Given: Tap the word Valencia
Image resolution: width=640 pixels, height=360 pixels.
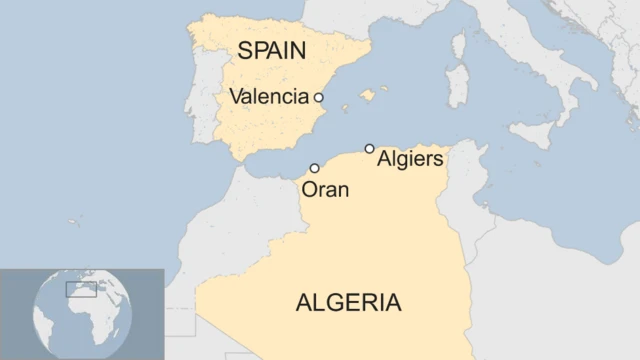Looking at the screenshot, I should pos(268,97).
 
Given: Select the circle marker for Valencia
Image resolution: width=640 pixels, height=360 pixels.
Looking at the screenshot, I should pos(319,97).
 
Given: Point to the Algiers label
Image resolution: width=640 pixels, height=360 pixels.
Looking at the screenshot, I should pos(410,159).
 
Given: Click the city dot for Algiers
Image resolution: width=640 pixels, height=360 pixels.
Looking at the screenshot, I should pos(370,148).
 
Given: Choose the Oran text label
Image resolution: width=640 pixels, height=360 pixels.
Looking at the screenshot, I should pos(325,189).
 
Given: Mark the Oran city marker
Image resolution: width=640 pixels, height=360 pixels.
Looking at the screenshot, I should pos(315,168).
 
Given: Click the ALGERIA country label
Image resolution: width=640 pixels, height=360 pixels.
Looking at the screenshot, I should pos(348,302).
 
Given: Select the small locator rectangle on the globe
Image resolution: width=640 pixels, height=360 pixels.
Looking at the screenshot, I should pos(80,289).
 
